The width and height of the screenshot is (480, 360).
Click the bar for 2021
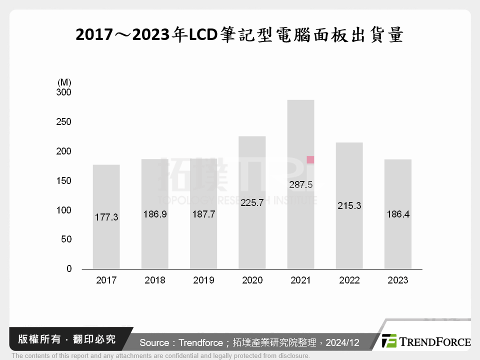(x=300, y=225)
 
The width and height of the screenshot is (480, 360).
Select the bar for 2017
(x=106, y=240)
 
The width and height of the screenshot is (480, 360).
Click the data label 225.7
(x=252, y=203)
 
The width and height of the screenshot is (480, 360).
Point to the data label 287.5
(x=300, y=185)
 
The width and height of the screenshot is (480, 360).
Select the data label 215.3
(x=349, y=205)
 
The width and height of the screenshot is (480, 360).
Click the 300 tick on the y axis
(x=63, y=92)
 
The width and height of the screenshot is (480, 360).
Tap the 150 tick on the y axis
(x=63, y=180)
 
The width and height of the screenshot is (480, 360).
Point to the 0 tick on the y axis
(x=69, y=269)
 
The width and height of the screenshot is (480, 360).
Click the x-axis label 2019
(x=203, y=280)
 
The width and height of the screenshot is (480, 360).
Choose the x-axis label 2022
(x=349, y=280)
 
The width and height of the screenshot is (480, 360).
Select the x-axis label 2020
(x=252, y=280)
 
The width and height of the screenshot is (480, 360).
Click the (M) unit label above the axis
(x=64, y=82)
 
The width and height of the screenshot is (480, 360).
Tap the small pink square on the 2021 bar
(x=310, y=160)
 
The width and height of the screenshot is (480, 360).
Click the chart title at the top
(x=239, y=35)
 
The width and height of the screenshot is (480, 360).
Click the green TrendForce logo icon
(x=389, y=341)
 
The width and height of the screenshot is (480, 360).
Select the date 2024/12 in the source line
(x=342, y=343)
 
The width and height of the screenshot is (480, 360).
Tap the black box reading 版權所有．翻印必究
(x=67, y=339)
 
